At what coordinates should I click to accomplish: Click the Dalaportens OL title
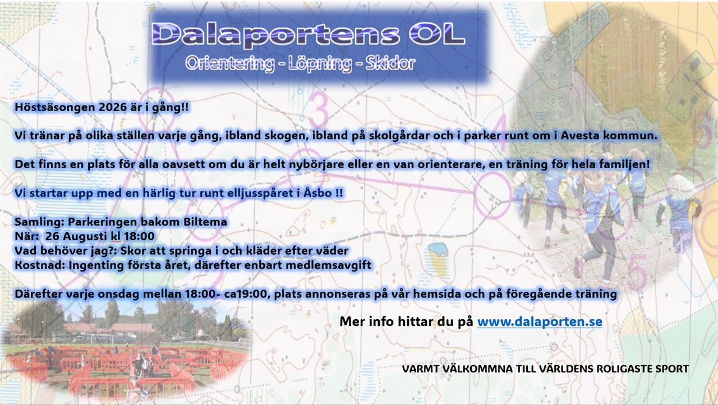pos(309,34)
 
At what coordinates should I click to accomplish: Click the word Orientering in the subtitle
pos(230,63)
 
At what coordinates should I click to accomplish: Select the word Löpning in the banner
pos(320,63)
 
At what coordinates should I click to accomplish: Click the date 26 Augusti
pos(76,237)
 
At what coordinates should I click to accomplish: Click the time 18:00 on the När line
pos(139,236)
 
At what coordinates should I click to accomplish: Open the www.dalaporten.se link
pos(540,321)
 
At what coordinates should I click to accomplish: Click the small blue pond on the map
pos(438,249)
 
